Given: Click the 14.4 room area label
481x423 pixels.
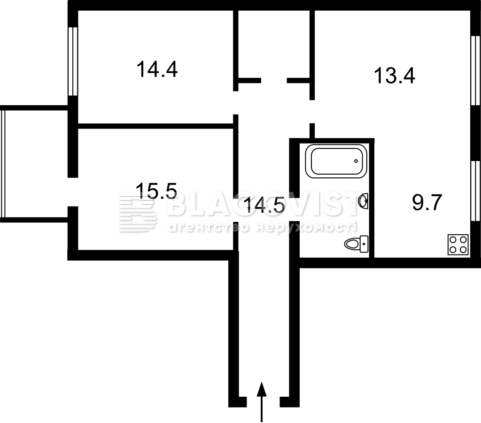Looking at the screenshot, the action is point(157,69).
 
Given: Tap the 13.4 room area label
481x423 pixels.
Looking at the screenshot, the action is point(395,76).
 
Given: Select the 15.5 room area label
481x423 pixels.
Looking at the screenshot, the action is point(156,191).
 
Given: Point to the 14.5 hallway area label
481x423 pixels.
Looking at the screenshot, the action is point(264,205).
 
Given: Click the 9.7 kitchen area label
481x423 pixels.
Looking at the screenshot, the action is point(427,202).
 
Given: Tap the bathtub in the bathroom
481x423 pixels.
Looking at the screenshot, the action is point(336,161).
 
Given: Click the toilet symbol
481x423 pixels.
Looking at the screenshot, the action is point(356,244).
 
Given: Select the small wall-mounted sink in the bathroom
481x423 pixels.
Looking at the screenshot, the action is point(363,201).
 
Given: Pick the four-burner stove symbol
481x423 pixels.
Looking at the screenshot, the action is point(458,245).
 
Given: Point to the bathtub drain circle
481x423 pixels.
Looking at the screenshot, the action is point(356,161).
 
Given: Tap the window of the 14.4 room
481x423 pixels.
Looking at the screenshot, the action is point(73,62).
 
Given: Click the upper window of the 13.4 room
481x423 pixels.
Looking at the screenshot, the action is point(476,71).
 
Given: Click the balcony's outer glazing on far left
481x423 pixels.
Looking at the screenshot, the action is point(3,164).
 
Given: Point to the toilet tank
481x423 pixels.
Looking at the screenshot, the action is point(364,244).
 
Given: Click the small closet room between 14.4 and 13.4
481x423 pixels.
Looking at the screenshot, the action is point(274,45).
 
